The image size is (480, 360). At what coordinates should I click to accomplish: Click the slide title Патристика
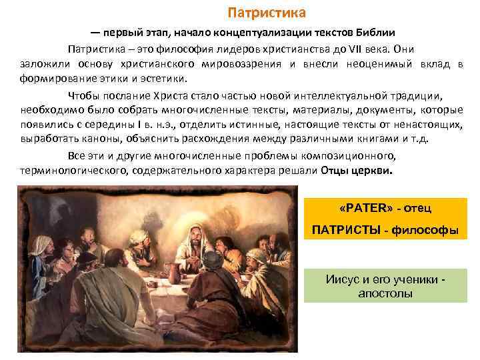[x=267, y=13]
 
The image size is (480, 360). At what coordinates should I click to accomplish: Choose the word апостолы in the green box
[x=385, y=293]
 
